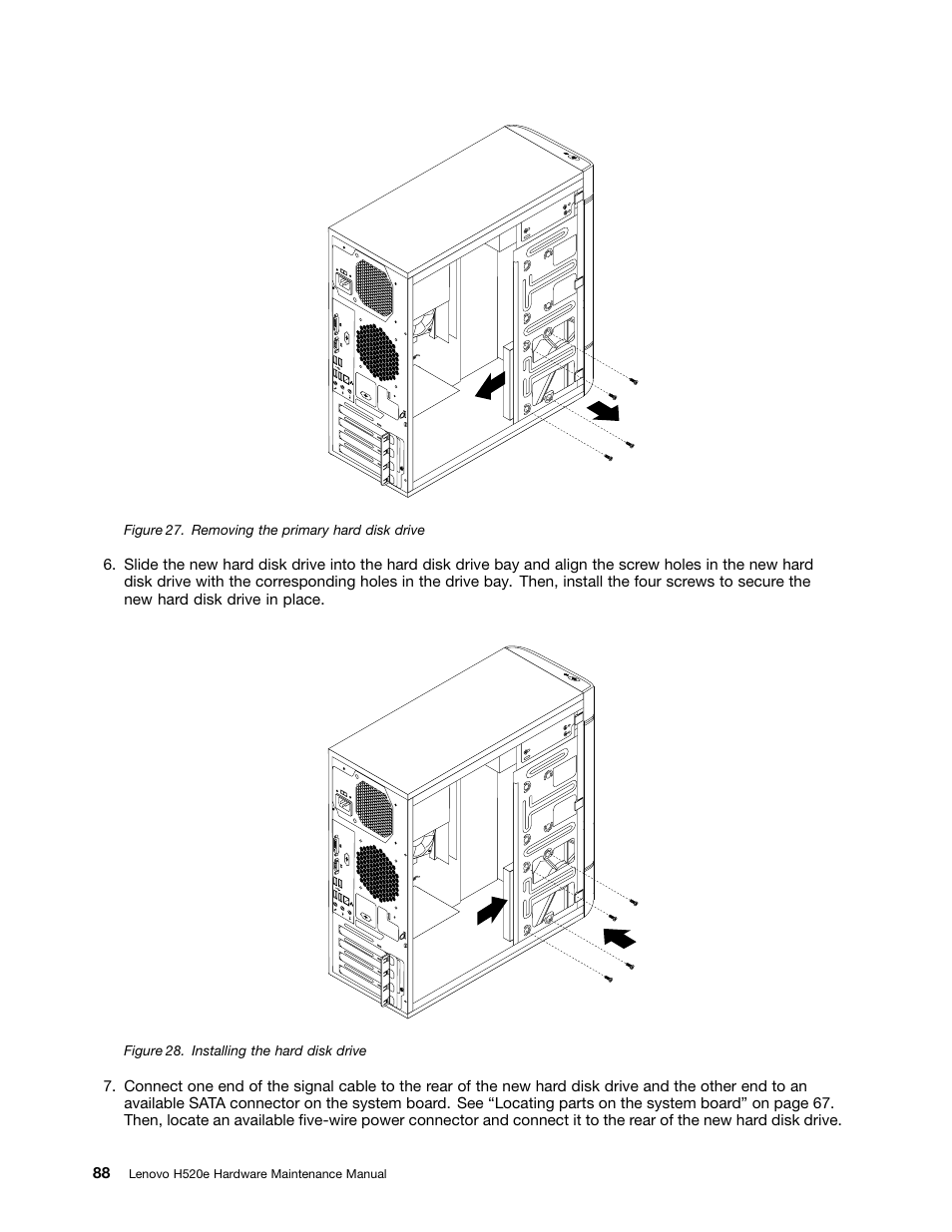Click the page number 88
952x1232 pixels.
[102, 1173]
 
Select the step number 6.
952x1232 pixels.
[108, 565]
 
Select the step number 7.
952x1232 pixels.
[108, 1086]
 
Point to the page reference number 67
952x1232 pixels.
[819, 1103]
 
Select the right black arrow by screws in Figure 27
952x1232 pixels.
[603, 407]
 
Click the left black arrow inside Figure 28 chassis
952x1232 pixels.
[491, 909]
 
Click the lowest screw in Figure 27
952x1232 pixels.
[608, 457]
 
